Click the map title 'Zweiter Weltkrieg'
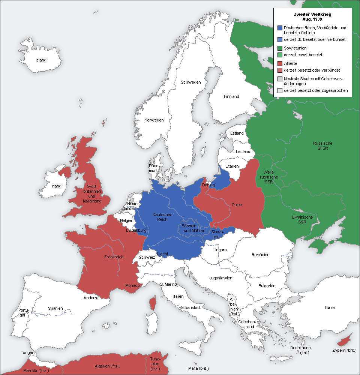point(312,14)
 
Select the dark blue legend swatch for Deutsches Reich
point(280,28)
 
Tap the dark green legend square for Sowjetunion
point(280,48)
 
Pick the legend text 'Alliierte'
point(291,63)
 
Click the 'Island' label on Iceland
point(41,60)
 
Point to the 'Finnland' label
point(231,96)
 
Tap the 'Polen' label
point(237,205)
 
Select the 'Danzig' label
point(208,185)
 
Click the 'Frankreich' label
point(114,257)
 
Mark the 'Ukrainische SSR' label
point(302,220)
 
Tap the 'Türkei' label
point(330,307)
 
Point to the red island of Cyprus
point(343,342)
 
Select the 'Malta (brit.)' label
point(198,368)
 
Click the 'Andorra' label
point(91,298)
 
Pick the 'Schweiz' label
point(147,257)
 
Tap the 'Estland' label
point(237,133)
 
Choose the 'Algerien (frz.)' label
point(108,366)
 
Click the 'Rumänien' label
point(260,255)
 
